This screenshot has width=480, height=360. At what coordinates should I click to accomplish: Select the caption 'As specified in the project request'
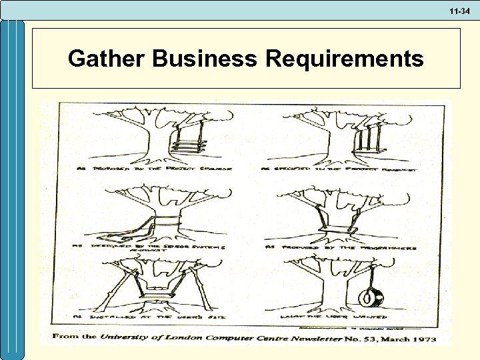(341, 169)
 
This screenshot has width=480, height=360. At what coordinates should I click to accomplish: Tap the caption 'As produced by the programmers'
(341, 247)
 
